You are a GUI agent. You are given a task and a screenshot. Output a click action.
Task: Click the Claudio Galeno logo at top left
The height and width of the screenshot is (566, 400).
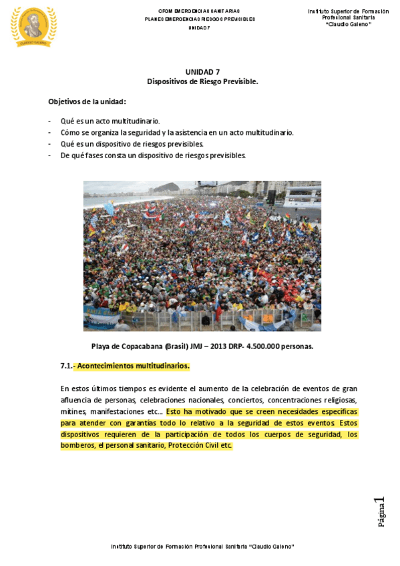(33, 27)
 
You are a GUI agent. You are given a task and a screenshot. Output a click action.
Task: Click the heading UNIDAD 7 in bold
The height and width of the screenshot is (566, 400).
(202, 71)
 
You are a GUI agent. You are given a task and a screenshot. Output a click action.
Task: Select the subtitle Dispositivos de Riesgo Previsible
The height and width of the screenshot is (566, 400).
(202, 81)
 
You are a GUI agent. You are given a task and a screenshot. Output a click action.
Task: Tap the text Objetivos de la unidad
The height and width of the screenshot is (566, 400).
(87, 101)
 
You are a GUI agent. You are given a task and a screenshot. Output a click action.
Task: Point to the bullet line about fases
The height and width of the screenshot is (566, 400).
(153, 156)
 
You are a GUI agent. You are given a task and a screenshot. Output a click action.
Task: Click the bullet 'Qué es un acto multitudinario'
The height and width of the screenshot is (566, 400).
(110, 121)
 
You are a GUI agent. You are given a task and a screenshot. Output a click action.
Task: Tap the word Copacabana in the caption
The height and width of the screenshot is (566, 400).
(145, 346)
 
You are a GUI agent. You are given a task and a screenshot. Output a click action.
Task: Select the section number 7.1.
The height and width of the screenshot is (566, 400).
(66, 366)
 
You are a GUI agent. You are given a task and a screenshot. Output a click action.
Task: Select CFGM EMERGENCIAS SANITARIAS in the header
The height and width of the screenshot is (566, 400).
(199, 11)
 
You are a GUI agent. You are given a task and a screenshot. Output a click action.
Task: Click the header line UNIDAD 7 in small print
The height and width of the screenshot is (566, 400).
(199, 28)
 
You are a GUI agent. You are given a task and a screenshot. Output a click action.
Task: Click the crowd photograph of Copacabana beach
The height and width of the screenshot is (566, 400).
(202, 256)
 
